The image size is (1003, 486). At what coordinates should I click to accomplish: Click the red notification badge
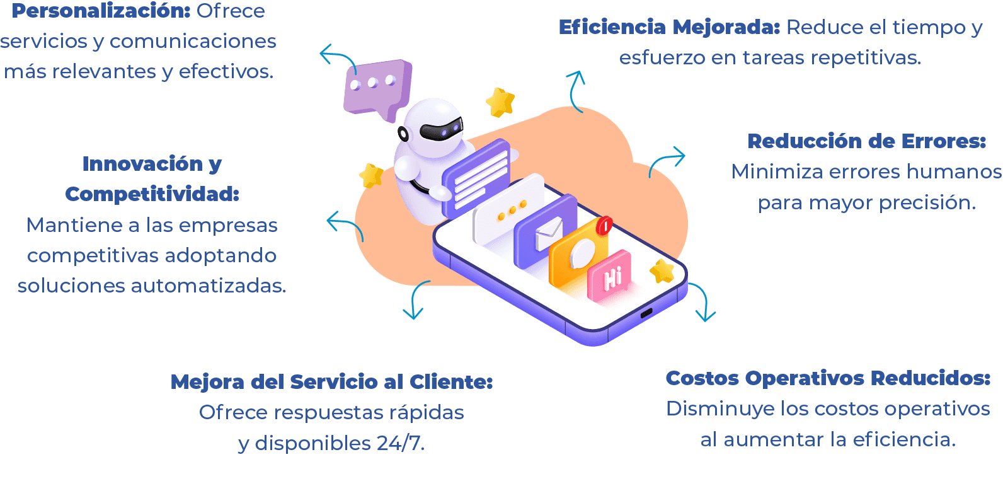click(x=605, y=224)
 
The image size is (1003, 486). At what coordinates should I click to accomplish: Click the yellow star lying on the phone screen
click(x=662, y=271)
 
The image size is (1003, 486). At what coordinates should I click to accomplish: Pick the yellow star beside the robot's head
click(x=500, y=102)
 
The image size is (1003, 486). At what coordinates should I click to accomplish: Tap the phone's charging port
click(x=646, y=313)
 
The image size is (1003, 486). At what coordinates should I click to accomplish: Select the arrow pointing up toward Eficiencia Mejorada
click(x=576, y=91)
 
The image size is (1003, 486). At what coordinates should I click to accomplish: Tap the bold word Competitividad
click(x=152, y=194)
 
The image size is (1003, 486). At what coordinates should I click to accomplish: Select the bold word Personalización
click(x=101, y=11)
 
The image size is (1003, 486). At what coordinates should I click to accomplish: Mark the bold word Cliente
click(x=450, y=382)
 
